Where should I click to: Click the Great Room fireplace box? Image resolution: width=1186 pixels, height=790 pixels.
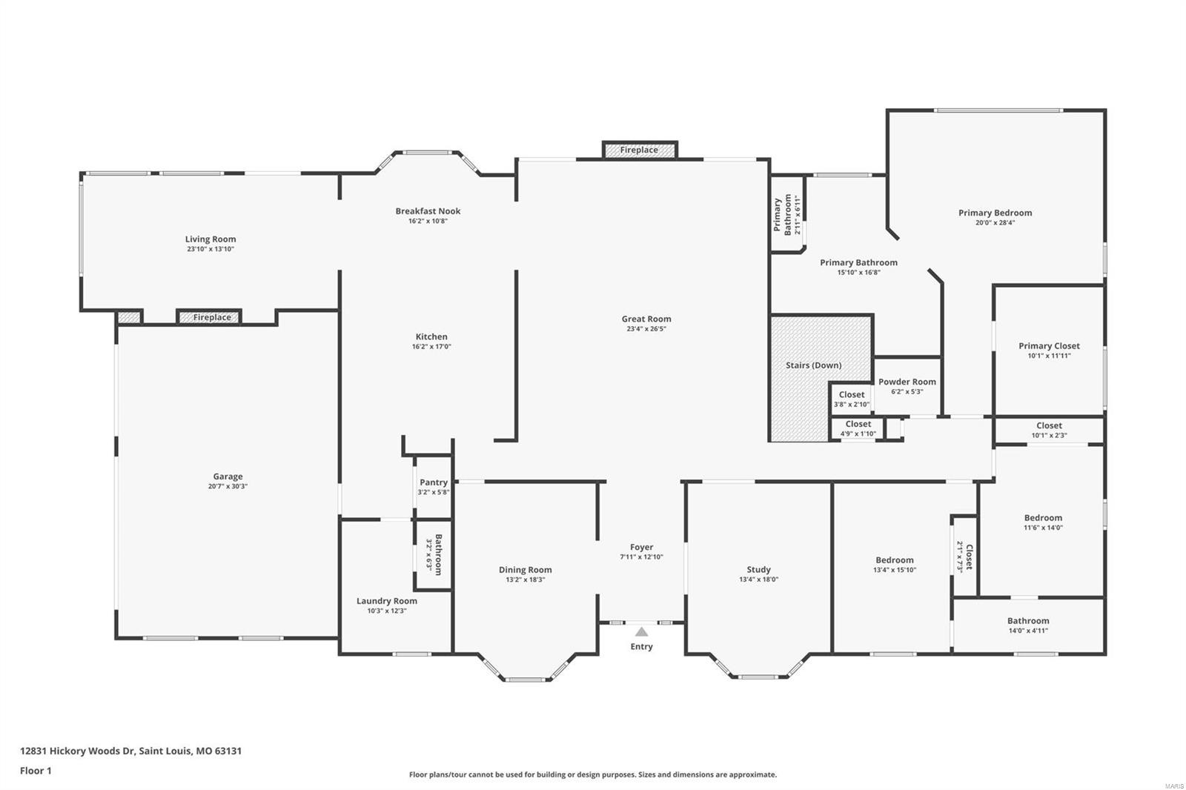(639, 150)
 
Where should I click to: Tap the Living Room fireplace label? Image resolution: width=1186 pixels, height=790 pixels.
(212, 317)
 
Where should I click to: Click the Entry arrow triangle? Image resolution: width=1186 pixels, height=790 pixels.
(641, 631)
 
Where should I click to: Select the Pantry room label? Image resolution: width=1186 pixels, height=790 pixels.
(433, 482)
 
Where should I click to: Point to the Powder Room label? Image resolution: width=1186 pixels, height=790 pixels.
(907, 382)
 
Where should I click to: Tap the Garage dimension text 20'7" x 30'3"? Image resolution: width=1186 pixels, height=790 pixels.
(228, 487)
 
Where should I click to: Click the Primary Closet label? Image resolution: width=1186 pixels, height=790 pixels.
(1048, 346)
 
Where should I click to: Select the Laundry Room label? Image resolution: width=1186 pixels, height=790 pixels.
(386, 601)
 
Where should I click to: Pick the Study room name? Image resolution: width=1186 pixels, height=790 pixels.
(758, 570)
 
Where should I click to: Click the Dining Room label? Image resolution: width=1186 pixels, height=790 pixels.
(525, 570)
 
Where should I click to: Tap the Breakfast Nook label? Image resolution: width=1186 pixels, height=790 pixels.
(428, 211)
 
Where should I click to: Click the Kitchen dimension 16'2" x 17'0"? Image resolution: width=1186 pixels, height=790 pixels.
(431, 347)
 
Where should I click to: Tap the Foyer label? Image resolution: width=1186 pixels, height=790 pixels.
(641, 547)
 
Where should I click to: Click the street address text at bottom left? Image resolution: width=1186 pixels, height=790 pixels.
(130, 751)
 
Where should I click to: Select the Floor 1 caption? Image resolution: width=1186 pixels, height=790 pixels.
(36, 771)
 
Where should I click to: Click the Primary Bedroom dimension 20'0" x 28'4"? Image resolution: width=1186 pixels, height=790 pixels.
(994, 222)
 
